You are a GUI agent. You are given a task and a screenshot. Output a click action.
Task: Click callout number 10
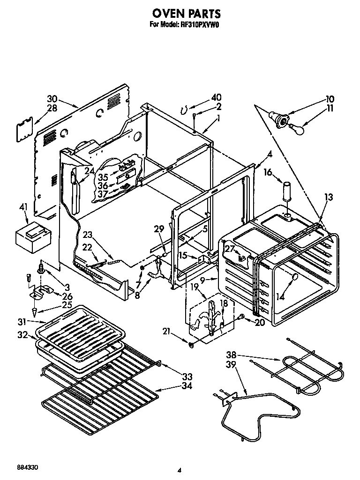point(330,99)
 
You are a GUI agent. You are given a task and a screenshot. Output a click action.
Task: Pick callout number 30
point(52,99)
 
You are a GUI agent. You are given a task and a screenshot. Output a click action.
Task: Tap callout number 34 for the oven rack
point(187,386)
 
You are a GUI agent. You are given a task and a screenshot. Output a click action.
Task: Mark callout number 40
point(216,97)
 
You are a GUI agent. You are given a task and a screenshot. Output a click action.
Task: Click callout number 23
point(88,236)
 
